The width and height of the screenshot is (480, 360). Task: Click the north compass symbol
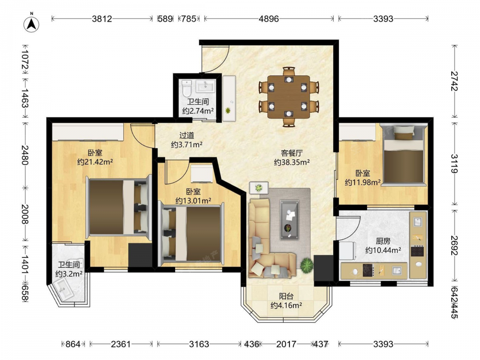point(32,24)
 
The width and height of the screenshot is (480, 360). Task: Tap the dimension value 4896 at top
point(269,19)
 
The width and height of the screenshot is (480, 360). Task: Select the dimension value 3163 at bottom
point(199,344)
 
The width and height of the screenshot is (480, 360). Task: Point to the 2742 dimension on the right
point(454,81)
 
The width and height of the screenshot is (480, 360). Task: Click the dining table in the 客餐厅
point(288,97)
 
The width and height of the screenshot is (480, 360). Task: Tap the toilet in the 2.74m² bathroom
point(186,88)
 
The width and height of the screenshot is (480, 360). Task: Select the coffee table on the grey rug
point(289,219)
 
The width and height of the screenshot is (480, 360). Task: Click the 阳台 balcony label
point(286,296)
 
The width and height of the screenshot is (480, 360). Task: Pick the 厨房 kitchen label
point(383,241)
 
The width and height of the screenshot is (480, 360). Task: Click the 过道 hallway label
point(187,135)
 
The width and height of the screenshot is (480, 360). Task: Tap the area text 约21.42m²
point(95,162)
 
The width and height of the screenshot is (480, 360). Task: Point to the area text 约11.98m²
point(363,182)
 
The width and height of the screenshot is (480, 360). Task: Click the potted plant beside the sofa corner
point(306,265)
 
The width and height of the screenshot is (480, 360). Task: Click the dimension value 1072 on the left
point(25,60)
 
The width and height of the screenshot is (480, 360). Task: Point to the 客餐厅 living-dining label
point(292,153)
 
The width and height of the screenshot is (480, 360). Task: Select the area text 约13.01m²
point(193,201)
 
